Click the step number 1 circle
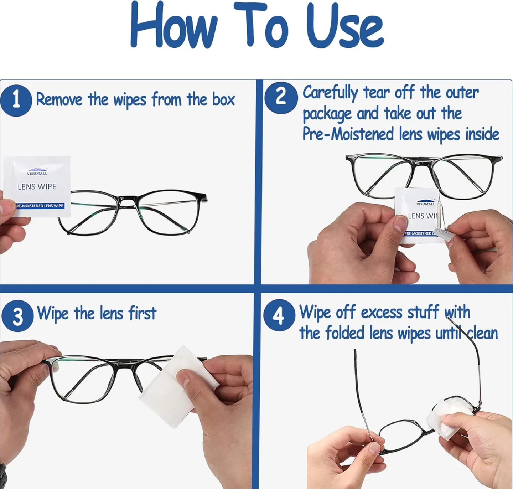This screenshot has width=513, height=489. pyautogui.click(x=16, y=100)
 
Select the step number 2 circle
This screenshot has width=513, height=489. pyautogui.click(x=281, y=98)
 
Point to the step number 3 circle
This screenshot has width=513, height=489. pyautogui.click(x=17, y=315)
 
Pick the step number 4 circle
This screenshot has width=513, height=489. pyautogui.click(x=279, y=315)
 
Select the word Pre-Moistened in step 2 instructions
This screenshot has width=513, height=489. pyautogui.click(x=348, y=134)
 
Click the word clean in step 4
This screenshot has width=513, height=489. pyautogui.click(x=482, y=333)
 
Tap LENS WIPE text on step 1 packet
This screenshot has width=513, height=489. pyautogui.click(x=37, y=187)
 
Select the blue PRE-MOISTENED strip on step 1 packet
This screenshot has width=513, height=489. pyautogui.click(x=40, y=206)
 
